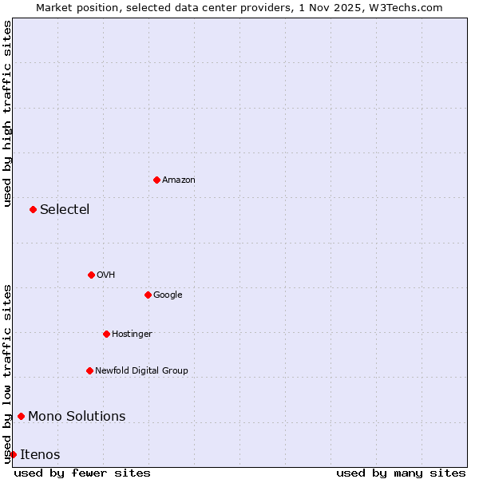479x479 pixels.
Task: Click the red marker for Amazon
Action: [156, 180]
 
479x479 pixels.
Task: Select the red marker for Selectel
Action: [33, 209]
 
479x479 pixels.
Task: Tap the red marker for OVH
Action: [91, 275]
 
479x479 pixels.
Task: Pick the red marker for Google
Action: [148, 295]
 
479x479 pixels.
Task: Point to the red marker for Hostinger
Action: [106, 334]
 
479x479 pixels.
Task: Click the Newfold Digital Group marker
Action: [89, 370]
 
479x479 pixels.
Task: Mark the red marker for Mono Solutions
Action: [21, 416]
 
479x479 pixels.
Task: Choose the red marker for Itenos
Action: [13, 454]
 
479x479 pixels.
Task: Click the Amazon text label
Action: [179, 180]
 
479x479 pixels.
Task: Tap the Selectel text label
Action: [65, 210]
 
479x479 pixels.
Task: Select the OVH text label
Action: [106, 275]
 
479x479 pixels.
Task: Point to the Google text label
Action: [168, 295]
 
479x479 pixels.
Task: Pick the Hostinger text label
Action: [132, 335]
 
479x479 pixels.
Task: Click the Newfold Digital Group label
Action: [141, 371]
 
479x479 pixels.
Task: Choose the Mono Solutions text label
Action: [77, 417]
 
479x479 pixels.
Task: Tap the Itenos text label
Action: [40, 455]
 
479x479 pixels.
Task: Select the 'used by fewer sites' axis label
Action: [82, 473]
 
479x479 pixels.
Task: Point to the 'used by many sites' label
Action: [401, 473]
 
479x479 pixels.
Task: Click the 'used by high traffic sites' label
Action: [7, 113]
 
